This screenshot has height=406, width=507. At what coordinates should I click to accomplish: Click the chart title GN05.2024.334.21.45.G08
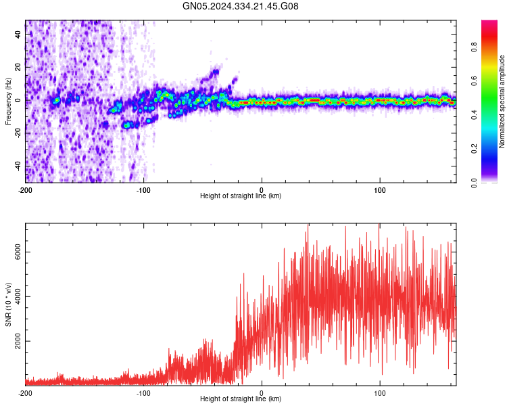[x=241, y=6]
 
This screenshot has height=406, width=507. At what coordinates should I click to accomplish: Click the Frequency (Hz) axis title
[x=9, y=101]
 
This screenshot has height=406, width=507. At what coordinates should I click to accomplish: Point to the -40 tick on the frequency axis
[x=17, y=165]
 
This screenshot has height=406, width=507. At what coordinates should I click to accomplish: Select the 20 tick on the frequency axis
[x=18, y=68]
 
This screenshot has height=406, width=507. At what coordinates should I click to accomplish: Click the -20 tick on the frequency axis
[x=17, y=133]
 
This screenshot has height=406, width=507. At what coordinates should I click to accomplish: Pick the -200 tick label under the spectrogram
[x=26, y=189]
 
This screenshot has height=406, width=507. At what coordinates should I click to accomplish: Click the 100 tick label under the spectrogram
[x=380, y=189]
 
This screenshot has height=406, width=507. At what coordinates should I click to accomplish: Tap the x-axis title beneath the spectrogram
[x=241, y=196]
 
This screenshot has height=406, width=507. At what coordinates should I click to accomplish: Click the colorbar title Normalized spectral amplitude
[x=502, y=101]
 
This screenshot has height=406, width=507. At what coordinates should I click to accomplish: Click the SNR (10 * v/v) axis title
[x=9, y=304]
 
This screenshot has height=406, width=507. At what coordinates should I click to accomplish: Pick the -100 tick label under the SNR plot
[x=143, y=392]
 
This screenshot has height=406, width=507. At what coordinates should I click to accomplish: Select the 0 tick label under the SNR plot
[x=262, y=392]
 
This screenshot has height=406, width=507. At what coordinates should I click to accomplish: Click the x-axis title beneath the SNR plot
[x=241, y=399]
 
